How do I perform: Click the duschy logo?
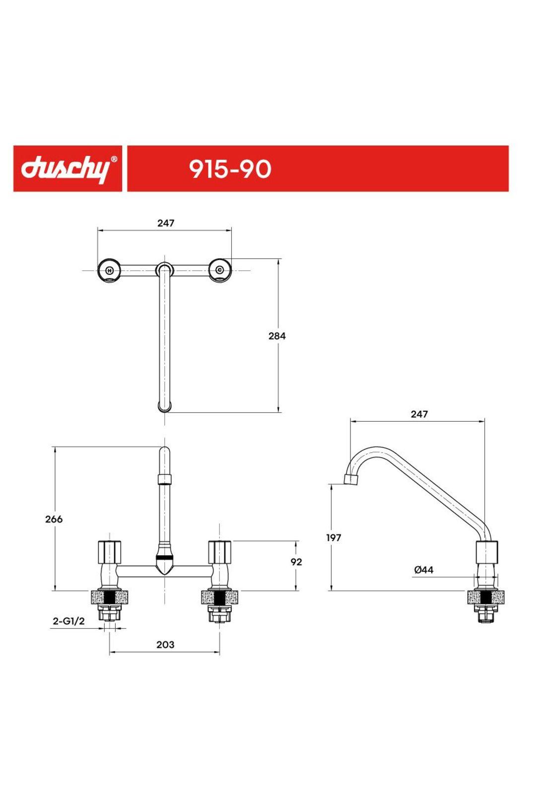point(65,169)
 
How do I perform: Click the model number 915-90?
point(230,169)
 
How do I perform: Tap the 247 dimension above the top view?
point(166,223)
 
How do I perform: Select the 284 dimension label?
point(277,336)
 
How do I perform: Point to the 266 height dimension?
point(54,519)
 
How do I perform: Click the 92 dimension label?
point(296,562)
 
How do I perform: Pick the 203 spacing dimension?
point(165,645)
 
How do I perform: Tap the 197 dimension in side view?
point(334,537)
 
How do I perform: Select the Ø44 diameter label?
point(423,570)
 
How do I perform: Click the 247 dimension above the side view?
point(419,414)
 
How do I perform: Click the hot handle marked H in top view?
point(110,270)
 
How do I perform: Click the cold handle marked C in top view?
point(219,270)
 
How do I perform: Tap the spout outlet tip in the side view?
point(351,480)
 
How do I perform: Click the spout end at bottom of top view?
point(165,407)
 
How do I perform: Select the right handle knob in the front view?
point(220,551)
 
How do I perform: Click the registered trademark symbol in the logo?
point(114,159)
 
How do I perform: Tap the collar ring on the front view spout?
point(164,479)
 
